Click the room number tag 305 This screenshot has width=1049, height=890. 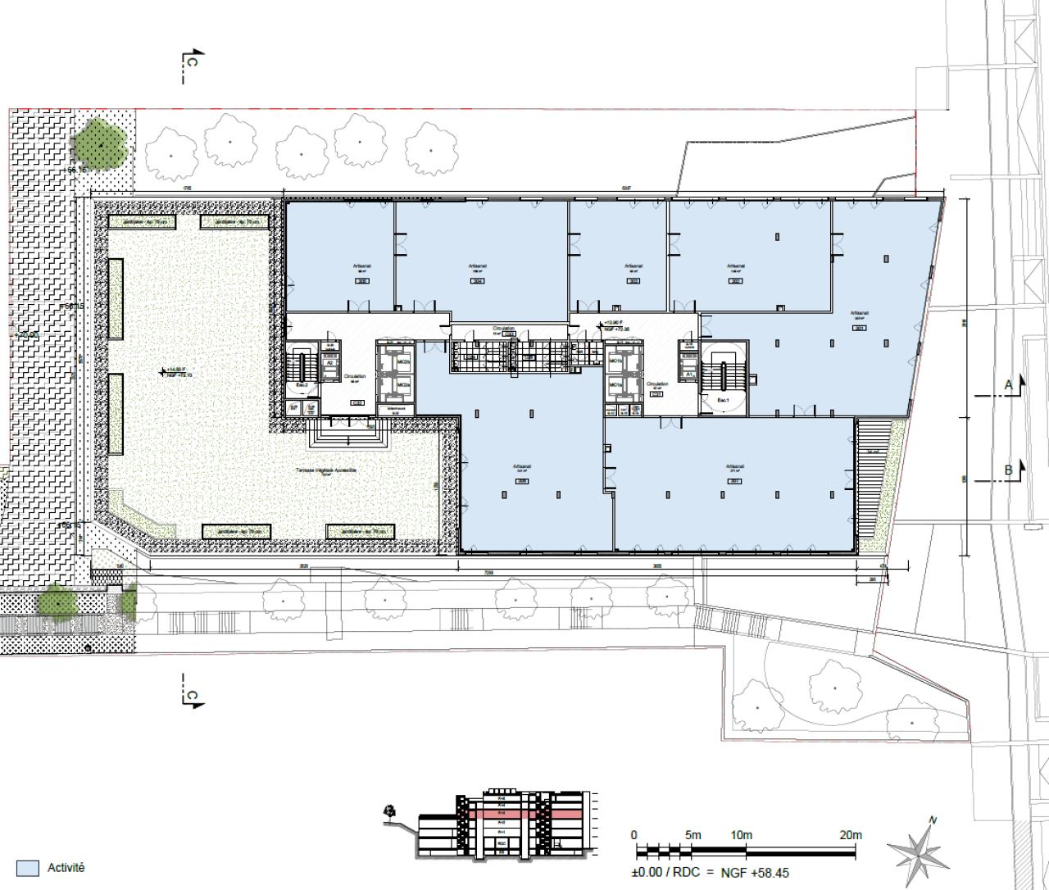coord(362,280)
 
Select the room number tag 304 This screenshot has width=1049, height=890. coord(478,280)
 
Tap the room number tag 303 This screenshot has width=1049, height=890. coord(633,280)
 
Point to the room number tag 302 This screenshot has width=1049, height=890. coord(735,280)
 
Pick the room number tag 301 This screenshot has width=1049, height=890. coord(859,328)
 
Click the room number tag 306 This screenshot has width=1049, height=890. coord(522,481)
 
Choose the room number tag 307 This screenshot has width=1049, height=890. coord(734,481)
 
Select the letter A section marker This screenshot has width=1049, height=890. coord(1009,384)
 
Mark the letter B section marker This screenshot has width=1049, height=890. coord(1009,470)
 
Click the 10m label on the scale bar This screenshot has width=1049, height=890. coord(741,835)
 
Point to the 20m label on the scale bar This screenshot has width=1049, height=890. coord(850,835)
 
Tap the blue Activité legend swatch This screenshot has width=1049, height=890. coord(27,868)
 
